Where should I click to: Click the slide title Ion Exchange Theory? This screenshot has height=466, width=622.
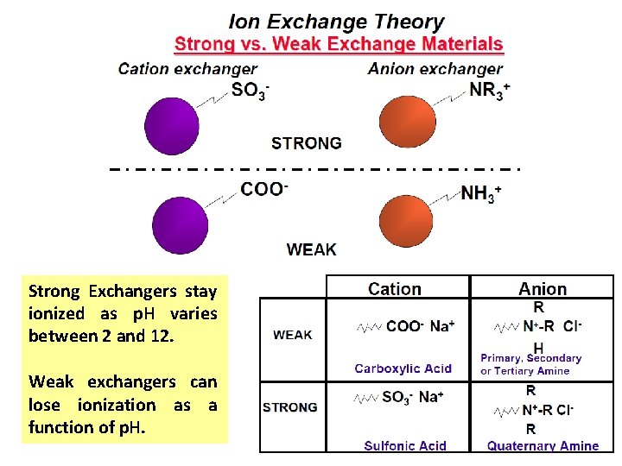336,22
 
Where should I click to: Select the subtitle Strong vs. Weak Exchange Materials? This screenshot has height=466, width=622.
339,44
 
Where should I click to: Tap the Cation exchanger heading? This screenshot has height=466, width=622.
187,69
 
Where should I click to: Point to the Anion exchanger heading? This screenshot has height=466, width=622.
435,69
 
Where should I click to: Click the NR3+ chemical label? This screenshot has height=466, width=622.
490,90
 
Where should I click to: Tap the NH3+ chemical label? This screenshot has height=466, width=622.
480,193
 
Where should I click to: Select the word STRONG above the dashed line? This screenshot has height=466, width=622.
307,143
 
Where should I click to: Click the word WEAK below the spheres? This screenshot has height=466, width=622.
312,249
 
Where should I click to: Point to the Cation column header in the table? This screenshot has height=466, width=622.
395,290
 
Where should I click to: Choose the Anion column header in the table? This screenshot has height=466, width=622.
543,290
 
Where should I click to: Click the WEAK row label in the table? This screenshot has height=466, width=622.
293,335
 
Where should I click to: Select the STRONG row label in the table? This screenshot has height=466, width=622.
290,406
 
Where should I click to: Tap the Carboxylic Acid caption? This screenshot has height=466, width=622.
403,368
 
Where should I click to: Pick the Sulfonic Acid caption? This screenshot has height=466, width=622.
405,445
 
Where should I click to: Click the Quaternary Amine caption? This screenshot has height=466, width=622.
543,445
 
